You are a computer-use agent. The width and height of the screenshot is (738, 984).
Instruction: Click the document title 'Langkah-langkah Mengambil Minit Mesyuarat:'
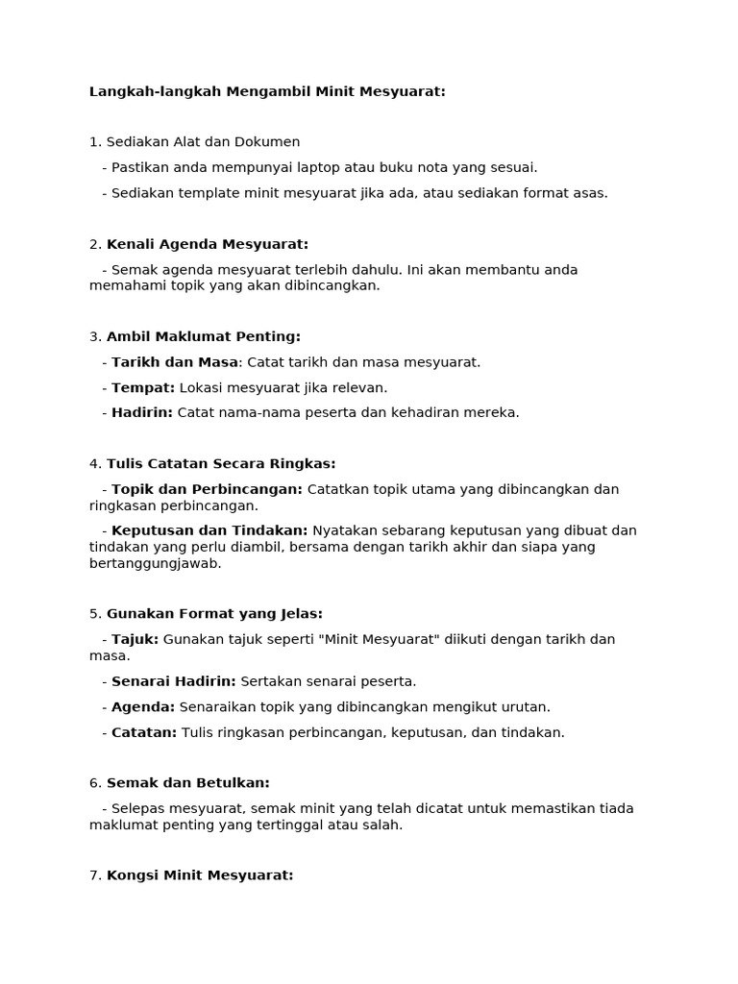pos(267,92)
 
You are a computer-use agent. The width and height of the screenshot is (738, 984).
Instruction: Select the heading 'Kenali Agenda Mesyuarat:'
pos(208,244)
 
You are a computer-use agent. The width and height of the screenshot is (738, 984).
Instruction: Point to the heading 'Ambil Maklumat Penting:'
pos(204,336)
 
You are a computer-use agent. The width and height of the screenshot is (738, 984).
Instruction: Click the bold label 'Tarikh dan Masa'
pos(175,362)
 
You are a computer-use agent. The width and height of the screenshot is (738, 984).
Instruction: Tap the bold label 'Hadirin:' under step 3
pos(142,412)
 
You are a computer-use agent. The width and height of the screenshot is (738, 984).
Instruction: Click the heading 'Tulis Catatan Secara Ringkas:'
pos(221,464)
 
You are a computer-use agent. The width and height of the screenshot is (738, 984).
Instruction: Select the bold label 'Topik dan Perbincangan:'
pos(207,489)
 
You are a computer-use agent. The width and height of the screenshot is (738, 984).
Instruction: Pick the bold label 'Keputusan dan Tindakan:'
pos(209,530)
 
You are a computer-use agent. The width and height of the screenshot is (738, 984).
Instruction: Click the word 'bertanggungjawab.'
pos(156,563)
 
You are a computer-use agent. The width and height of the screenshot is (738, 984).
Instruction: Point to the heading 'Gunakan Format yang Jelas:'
pos(214,613)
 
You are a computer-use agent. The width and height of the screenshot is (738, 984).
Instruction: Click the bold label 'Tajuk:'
pos(135,639)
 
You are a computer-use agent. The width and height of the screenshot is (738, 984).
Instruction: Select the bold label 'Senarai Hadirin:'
pos(174,681)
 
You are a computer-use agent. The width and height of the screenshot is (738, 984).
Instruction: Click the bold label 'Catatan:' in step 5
pos(144,732)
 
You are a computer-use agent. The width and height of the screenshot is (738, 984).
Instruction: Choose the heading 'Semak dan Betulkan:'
pos(188,783)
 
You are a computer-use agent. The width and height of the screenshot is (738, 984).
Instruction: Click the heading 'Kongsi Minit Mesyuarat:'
pos(200,875)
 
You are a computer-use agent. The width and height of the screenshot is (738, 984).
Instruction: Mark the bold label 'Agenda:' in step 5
pos(143,707)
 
